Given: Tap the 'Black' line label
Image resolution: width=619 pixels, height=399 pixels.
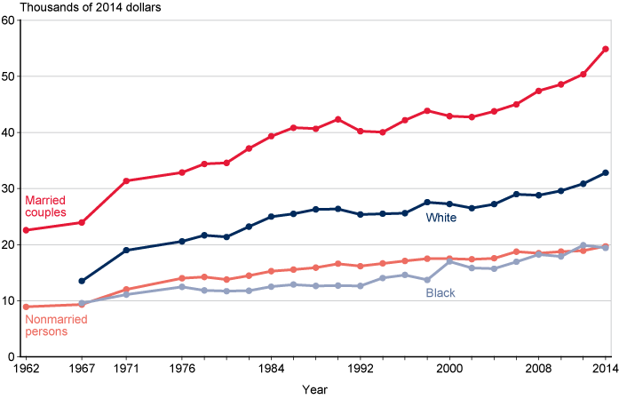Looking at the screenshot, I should click(x=441, y=293).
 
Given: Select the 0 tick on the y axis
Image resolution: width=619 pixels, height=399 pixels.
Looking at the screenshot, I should click(x=11, y=356).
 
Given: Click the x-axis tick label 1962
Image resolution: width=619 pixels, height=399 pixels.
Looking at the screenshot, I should click(x=26, y=368).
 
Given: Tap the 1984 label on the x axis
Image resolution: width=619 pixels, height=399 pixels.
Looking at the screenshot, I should click(x=271, y=368).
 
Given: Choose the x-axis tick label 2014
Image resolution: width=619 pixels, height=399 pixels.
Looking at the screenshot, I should click(x=604, y=368).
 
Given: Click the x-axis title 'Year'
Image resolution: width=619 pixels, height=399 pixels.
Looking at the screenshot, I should click(x=314, y=389).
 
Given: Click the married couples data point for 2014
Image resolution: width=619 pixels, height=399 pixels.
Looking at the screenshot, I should click(x=606, y=49).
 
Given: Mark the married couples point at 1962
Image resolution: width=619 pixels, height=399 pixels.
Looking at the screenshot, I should click(x=26, y=230).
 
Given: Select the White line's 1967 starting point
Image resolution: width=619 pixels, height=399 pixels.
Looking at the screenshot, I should click(x=82, y=281).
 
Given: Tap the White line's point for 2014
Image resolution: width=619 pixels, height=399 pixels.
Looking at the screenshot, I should click(x=606, y=172).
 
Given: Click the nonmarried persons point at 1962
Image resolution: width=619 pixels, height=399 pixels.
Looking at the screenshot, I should click(x=26, y=307).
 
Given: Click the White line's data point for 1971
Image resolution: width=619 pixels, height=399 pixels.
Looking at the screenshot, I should click(x=126, y=250).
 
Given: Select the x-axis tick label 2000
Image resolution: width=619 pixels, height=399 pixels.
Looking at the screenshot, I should click(x=449, y=368).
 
